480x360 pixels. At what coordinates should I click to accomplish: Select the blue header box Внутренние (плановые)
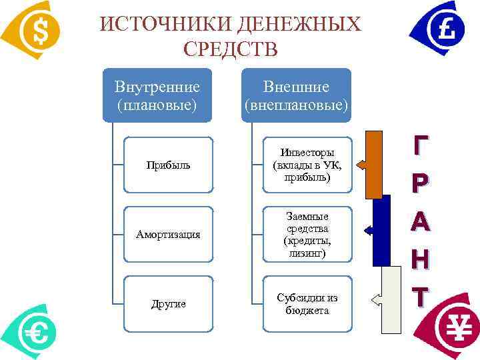coord(157,95)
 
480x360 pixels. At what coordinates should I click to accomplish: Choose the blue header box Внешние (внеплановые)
coord(296,95)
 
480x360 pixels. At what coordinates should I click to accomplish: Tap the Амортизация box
coord(168,234)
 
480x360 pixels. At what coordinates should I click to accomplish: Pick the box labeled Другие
coord(168,303)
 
